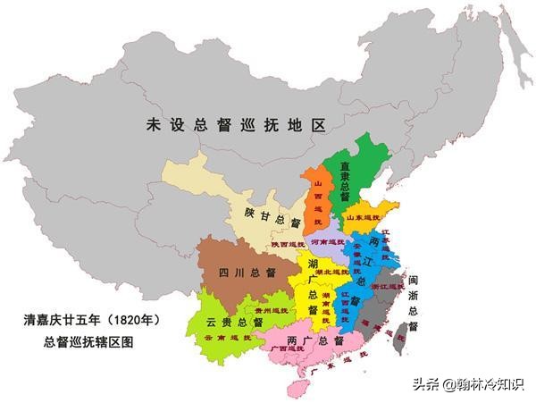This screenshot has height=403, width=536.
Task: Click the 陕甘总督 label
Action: click(x=268, y=218)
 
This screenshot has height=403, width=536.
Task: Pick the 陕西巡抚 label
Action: click(x=276, y=244)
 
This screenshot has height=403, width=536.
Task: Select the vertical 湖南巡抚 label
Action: click(x=327, y=304)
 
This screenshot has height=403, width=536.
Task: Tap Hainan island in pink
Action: click(x=296, y=388)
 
